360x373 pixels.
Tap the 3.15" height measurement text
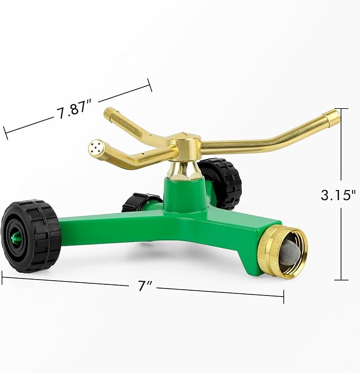[x=337, y=195]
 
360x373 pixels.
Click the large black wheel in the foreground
[x=31, y=236]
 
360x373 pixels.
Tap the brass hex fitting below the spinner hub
[x=184, y=169]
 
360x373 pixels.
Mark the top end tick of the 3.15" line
[x=341, y=109]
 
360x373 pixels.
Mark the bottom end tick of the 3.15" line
[x=341, y=280]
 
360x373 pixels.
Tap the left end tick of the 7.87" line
[x=5, y=132]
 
